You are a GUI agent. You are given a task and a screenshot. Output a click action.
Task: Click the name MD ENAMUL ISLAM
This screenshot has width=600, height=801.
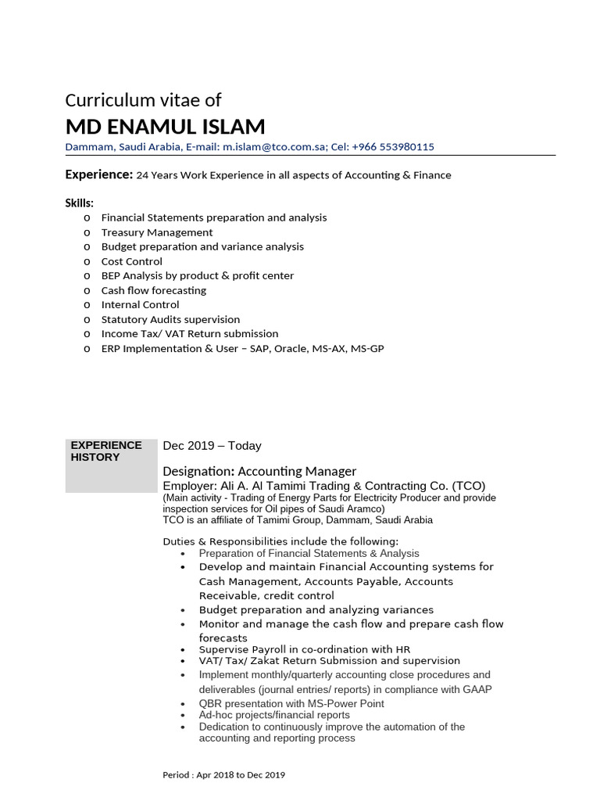165,127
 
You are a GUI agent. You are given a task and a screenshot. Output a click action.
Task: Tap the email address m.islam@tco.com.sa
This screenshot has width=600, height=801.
275,147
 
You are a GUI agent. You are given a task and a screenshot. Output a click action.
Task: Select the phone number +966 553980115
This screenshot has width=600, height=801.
393,147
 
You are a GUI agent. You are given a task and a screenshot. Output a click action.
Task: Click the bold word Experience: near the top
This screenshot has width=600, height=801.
98,174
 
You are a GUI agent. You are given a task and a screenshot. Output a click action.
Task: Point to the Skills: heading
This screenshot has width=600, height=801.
79,203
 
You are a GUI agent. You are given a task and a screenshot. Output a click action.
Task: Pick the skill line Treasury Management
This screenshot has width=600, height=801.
157,232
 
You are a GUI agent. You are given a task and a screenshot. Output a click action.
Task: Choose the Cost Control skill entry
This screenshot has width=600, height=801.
132,261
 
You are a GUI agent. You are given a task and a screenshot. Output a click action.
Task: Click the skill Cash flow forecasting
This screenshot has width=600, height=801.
154,290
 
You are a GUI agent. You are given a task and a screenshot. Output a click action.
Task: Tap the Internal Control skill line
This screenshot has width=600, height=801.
141,304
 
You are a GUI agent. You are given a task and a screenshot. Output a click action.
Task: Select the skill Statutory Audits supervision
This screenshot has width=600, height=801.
170,319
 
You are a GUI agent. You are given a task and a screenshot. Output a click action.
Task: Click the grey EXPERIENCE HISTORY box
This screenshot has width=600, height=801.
111,465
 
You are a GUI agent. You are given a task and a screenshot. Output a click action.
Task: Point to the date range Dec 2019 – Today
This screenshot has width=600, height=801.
212,446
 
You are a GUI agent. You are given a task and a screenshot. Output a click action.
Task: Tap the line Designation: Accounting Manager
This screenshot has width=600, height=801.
259,471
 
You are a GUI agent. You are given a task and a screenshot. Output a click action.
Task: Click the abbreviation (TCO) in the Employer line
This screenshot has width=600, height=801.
468,485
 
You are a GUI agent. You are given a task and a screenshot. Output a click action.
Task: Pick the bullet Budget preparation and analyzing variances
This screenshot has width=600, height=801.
316,609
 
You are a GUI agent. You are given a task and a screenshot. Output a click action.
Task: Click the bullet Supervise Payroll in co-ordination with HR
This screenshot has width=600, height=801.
305,649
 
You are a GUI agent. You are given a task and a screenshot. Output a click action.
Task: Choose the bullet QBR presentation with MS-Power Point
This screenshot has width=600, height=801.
291,703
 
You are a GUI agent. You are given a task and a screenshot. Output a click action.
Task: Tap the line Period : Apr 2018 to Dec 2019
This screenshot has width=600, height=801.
223,775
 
